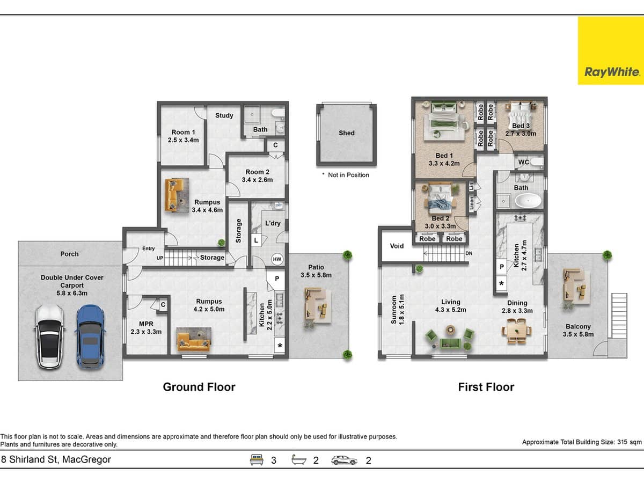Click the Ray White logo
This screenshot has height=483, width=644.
(610, 50)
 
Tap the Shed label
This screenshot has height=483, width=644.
(346, 133)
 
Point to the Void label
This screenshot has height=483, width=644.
(397, 246)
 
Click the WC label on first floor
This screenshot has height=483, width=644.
(523, 162)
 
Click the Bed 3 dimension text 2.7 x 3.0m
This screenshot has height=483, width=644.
(521, 134)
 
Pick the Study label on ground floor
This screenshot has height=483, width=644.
(224, 115)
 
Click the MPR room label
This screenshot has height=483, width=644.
(146, 324)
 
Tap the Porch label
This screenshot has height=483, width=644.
(69, 254)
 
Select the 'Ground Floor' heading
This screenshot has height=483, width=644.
(199, 387)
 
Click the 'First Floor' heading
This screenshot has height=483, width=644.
(486, 387)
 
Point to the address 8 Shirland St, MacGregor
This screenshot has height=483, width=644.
(56, 459)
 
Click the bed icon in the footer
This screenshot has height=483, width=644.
(258, 460)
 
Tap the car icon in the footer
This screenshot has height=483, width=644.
(345, 460)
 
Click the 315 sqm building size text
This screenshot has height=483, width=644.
(582, 442)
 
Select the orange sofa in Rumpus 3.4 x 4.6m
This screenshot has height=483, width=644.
(173, 194)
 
